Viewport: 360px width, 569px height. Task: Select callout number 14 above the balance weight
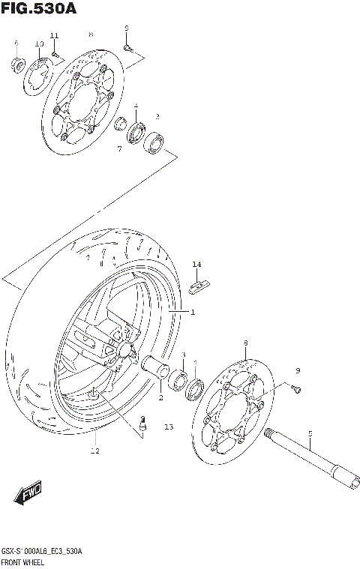pos(196,264)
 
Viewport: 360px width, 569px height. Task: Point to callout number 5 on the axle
pos(309,433)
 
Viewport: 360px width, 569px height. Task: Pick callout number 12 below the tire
pos(94,451)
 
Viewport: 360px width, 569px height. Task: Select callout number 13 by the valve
pos(168,427)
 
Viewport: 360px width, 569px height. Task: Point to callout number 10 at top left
pos(39,44)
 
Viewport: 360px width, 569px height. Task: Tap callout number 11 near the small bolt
pos(53,36)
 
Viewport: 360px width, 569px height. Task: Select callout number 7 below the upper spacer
pos(118,149)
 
